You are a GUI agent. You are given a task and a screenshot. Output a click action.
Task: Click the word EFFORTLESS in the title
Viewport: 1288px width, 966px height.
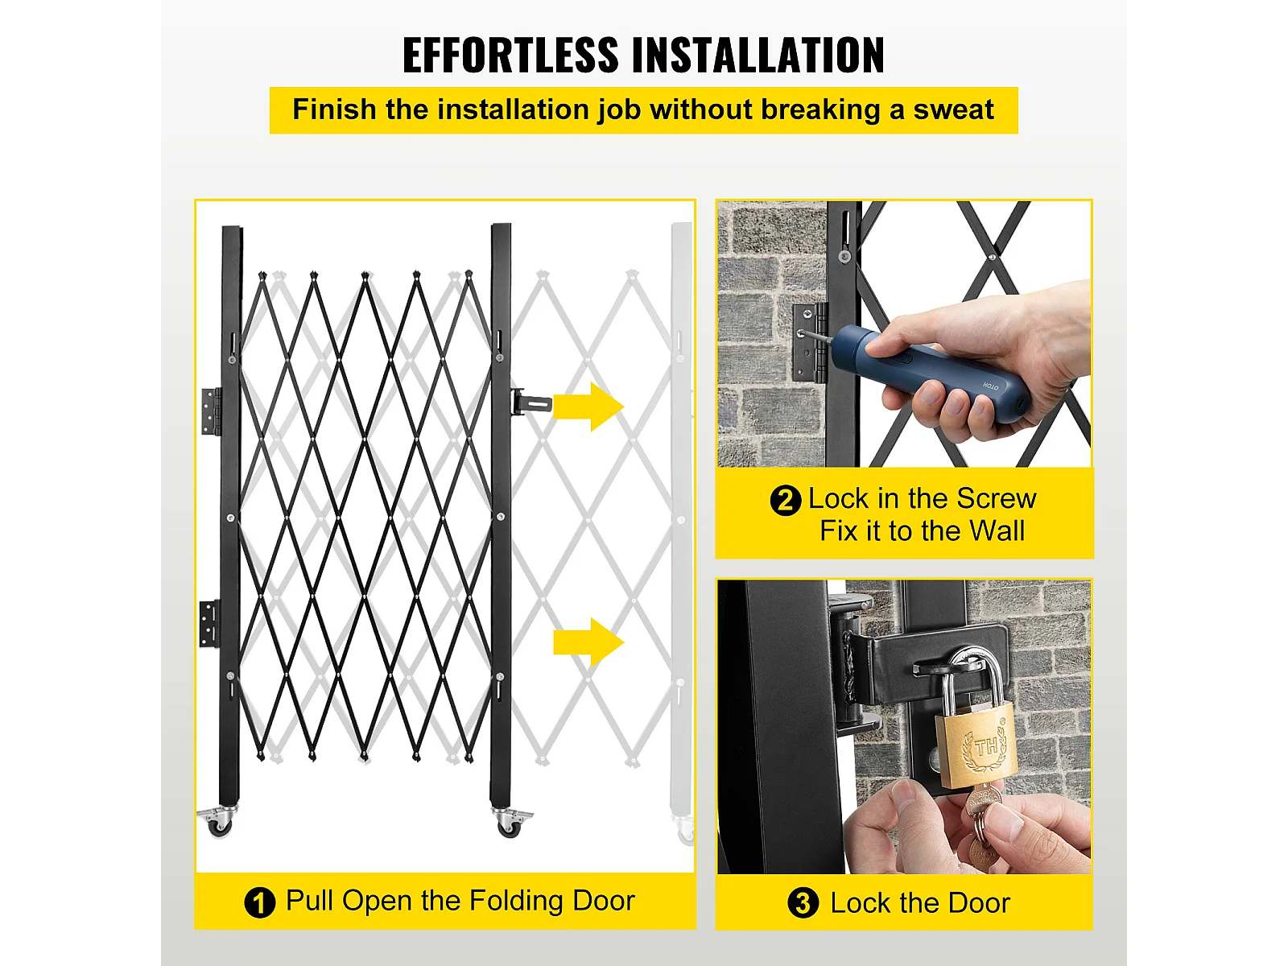coord(510,55)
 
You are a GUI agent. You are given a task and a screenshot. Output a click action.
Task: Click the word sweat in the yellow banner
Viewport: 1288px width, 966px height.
coord(953,109)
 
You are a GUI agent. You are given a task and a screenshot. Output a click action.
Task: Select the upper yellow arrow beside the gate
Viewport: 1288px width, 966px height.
coord(588,407)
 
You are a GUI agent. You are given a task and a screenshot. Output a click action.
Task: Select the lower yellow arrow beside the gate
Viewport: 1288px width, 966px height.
coord(588,642)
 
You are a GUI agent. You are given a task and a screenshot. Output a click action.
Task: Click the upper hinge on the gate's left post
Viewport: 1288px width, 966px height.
coord(211,411)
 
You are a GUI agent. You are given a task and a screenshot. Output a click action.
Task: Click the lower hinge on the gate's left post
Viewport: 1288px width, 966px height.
coord(209,623)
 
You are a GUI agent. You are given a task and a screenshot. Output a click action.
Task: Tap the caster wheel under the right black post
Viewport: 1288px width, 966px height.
coord(510,821)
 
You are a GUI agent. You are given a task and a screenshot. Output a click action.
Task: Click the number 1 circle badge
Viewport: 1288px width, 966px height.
coord(259,902)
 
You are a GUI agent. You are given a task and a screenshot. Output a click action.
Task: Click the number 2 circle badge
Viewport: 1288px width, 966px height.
coord(786,500)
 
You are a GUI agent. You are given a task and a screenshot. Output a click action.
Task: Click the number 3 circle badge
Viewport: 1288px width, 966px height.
coord(803,903)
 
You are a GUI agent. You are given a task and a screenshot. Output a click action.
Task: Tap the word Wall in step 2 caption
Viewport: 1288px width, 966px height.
coord(997,530)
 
